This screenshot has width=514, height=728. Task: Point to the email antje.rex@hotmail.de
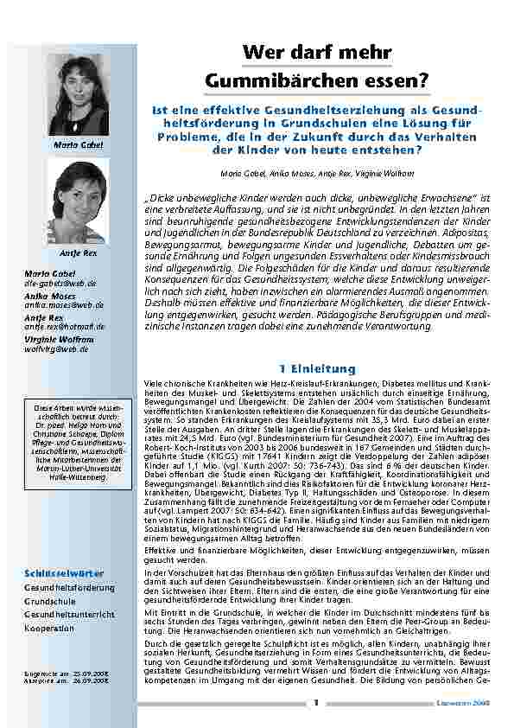[x=65, y=326]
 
